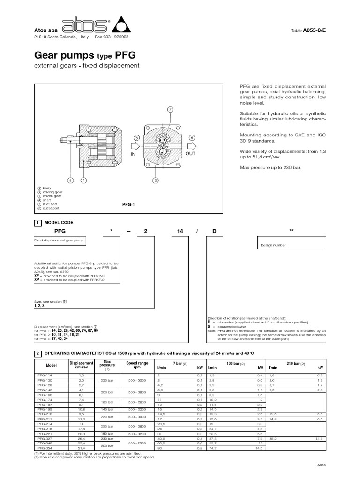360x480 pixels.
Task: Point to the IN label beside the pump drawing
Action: point(133,153)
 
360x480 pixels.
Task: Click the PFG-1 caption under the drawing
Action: point(128,205)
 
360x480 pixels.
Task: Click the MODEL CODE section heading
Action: point(58,222)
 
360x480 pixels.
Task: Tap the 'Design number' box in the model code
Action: point(271,245)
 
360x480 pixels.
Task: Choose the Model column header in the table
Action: point(51,365)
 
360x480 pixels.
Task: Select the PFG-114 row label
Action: point(45,375)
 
